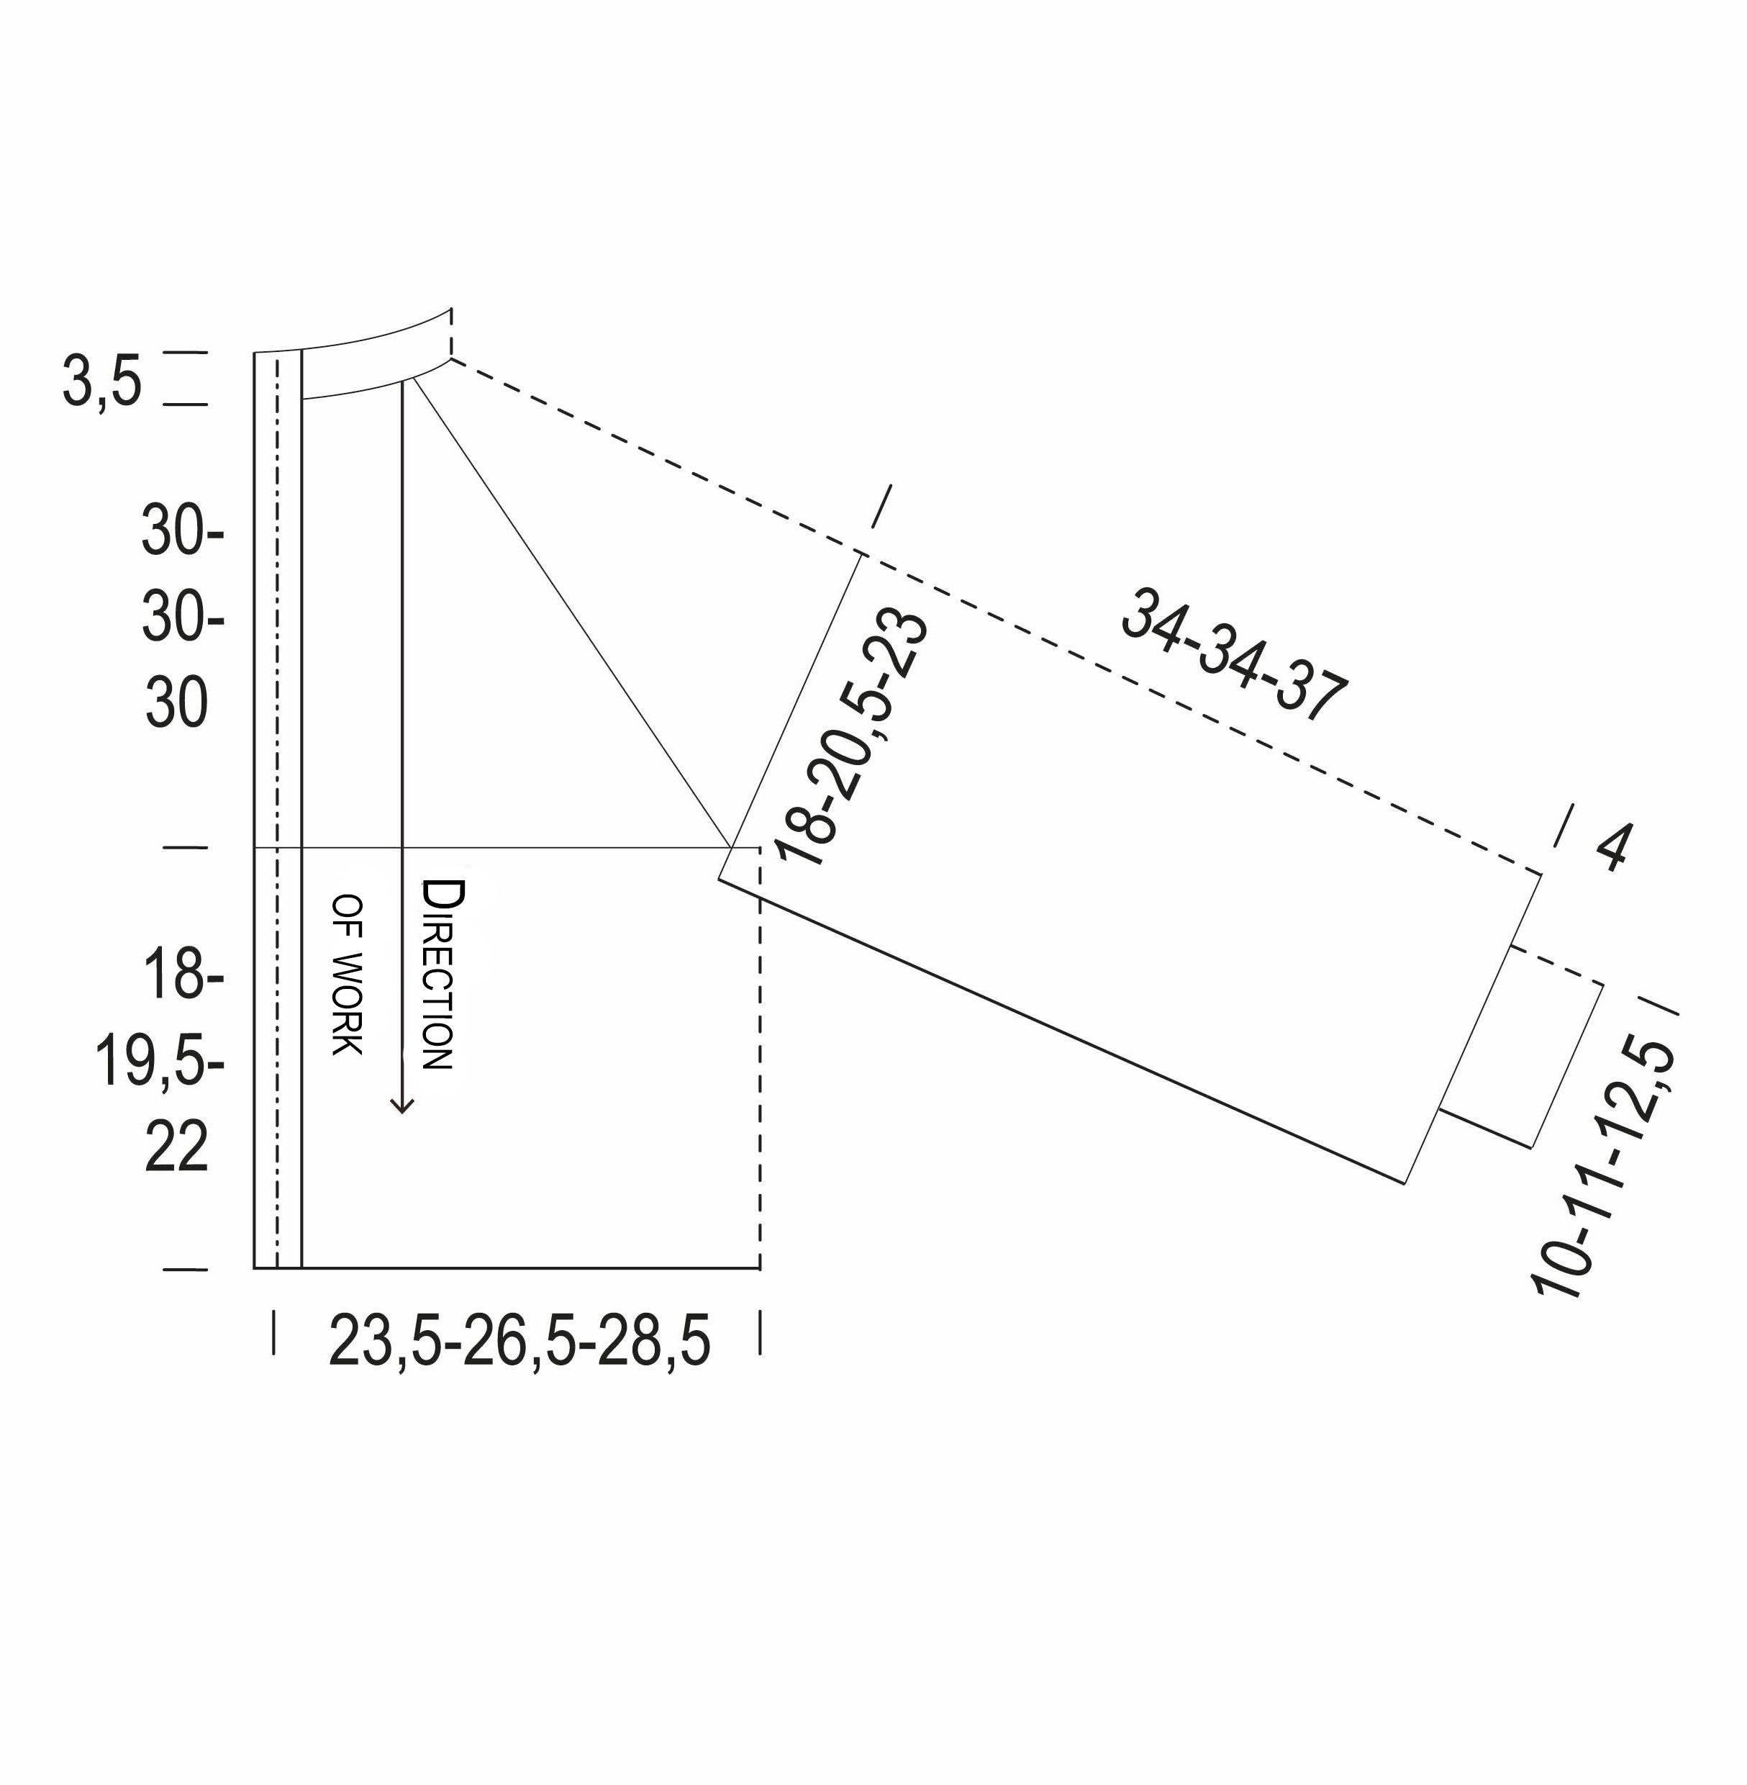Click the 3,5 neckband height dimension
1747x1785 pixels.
(x=102, y=381)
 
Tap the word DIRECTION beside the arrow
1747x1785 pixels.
(x=437, y=975)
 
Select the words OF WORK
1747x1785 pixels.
(x=348, y=975)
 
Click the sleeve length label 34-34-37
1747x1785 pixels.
(x=1234, y=654)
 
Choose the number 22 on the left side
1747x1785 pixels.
(x=176, y=1147)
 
